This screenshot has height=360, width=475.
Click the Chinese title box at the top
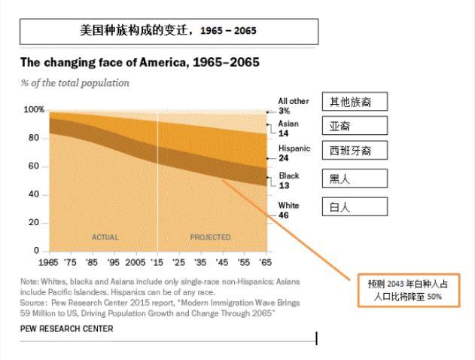tap(169, 31)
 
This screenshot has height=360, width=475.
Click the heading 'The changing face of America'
tap(139, 63)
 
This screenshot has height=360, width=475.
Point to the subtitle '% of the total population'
tap(75, 83)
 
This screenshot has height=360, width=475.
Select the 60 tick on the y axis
tap(34, 166)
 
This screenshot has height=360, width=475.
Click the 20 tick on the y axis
tap(34, 223)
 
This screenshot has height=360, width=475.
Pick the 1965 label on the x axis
tap(49, 263)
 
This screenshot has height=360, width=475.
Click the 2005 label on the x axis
tap(135, 263)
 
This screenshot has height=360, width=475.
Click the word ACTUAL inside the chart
tap(105, 237)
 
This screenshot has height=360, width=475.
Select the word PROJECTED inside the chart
tap(210, 237)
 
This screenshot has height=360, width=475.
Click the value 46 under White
tap(284, 215)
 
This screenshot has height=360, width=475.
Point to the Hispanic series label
tap(294, 148)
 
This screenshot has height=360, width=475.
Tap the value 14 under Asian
tap(283, 133)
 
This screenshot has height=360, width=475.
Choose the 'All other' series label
tap(294, 101)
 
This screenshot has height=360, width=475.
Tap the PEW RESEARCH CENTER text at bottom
tap(67, 329)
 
